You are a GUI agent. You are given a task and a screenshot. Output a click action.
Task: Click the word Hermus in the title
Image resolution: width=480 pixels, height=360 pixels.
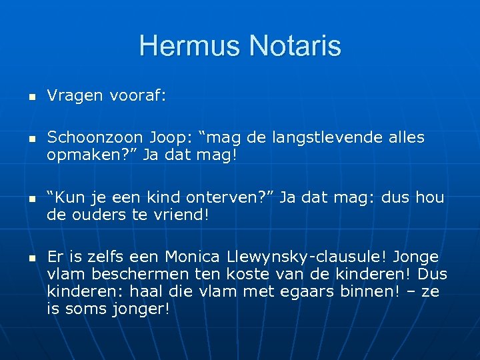(189, 47)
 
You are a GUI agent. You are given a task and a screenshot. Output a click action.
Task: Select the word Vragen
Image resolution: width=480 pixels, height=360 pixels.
(73, 97)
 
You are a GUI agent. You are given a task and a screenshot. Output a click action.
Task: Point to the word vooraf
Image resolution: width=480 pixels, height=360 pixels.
(137, 97)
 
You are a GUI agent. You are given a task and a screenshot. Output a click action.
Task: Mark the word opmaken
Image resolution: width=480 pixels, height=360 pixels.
(80, 156)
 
